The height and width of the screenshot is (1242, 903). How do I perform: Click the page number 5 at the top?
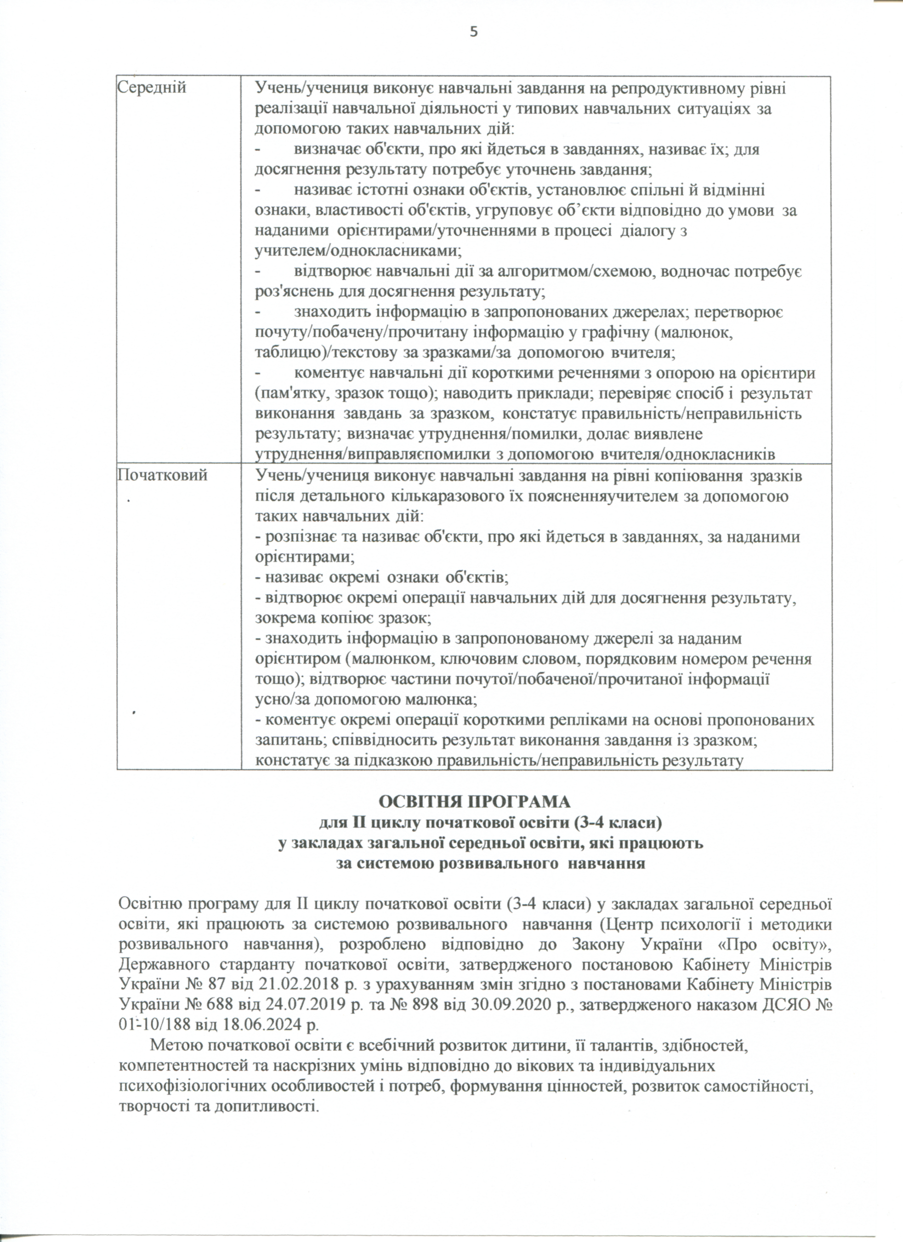coord(474,32)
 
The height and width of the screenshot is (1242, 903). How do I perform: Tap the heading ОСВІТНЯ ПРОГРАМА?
coord(475,801)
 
